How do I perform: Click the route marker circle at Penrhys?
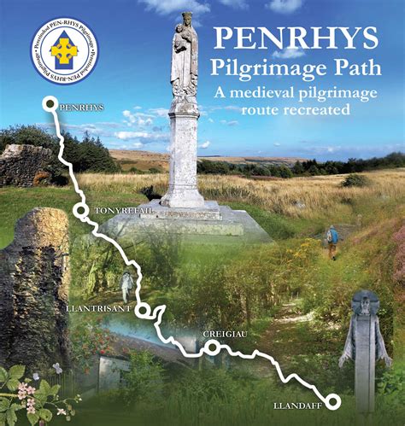coord(49,105)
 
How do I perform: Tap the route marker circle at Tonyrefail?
coord(79,210)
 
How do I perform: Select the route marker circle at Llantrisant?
coord(143,310)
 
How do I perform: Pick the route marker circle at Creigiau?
coord(211,346)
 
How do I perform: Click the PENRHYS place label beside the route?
coord(82,108)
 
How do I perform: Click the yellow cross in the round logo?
coord(64,51)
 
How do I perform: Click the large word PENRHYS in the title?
coord(296,38)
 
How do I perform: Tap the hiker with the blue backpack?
coord(332,239)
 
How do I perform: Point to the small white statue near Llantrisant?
coord(127,286)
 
